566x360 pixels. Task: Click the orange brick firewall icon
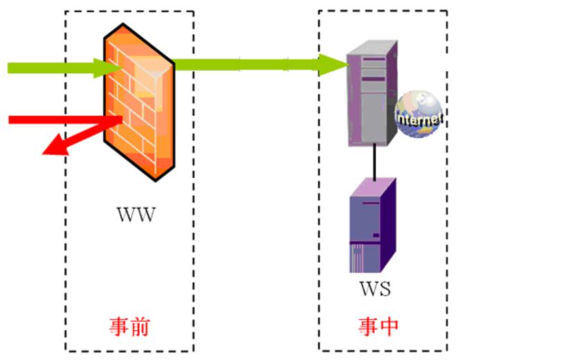point(139,104)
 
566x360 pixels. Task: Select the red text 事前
point(130,326)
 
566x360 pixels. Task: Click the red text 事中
point(379,326)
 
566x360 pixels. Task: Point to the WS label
point(374,288)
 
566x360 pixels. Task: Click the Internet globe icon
point(418,114)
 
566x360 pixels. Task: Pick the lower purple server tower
point(372,225)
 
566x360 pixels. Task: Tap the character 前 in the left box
point(139,326)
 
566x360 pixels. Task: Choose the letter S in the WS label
point(384,288)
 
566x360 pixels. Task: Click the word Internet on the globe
point(418,119)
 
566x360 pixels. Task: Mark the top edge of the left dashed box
point(130,11)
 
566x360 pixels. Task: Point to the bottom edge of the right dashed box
point(383,350)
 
